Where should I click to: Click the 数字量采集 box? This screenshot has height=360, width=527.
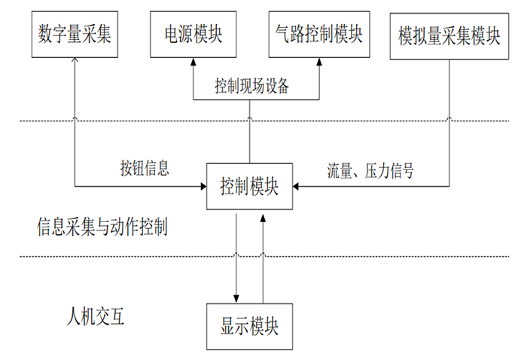click(74, 34)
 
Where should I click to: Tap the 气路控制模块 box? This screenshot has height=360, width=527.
click(316, 34)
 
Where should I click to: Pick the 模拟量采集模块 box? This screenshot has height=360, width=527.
click(449, 34)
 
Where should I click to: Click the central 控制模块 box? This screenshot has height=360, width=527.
click(250, 185)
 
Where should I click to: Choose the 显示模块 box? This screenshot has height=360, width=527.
click(250, 326)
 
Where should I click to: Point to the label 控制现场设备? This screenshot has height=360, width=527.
click(252, 87)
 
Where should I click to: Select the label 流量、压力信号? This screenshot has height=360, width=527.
click(370, 169)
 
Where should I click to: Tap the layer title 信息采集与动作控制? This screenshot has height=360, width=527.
click(102, 225)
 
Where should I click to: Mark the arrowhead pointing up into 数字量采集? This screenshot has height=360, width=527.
click(75, 61)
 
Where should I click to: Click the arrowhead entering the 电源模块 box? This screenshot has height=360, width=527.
click(192, 62)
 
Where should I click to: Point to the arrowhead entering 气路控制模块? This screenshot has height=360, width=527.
click(316, 62)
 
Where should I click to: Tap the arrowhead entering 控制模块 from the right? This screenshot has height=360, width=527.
click(299, 185)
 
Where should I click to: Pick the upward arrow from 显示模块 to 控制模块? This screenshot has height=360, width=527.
click(263, 256)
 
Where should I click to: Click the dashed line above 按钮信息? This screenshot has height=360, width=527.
click(151, 120)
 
